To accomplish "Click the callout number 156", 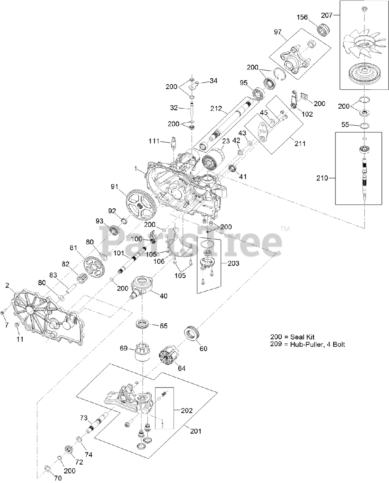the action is pyautogui.click(x=302, y=17).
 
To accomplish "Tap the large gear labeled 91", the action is pyautogui.click(x=141, y=205).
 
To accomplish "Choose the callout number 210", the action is pyautogui.click(x=322, y=178).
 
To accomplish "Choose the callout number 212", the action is pyautogui.click(x=216, y=109).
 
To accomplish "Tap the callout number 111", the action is pyautogui.click(x=154, y=141).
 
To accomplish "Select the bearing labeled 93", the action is pyautogui.click(x=115, y=230).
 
